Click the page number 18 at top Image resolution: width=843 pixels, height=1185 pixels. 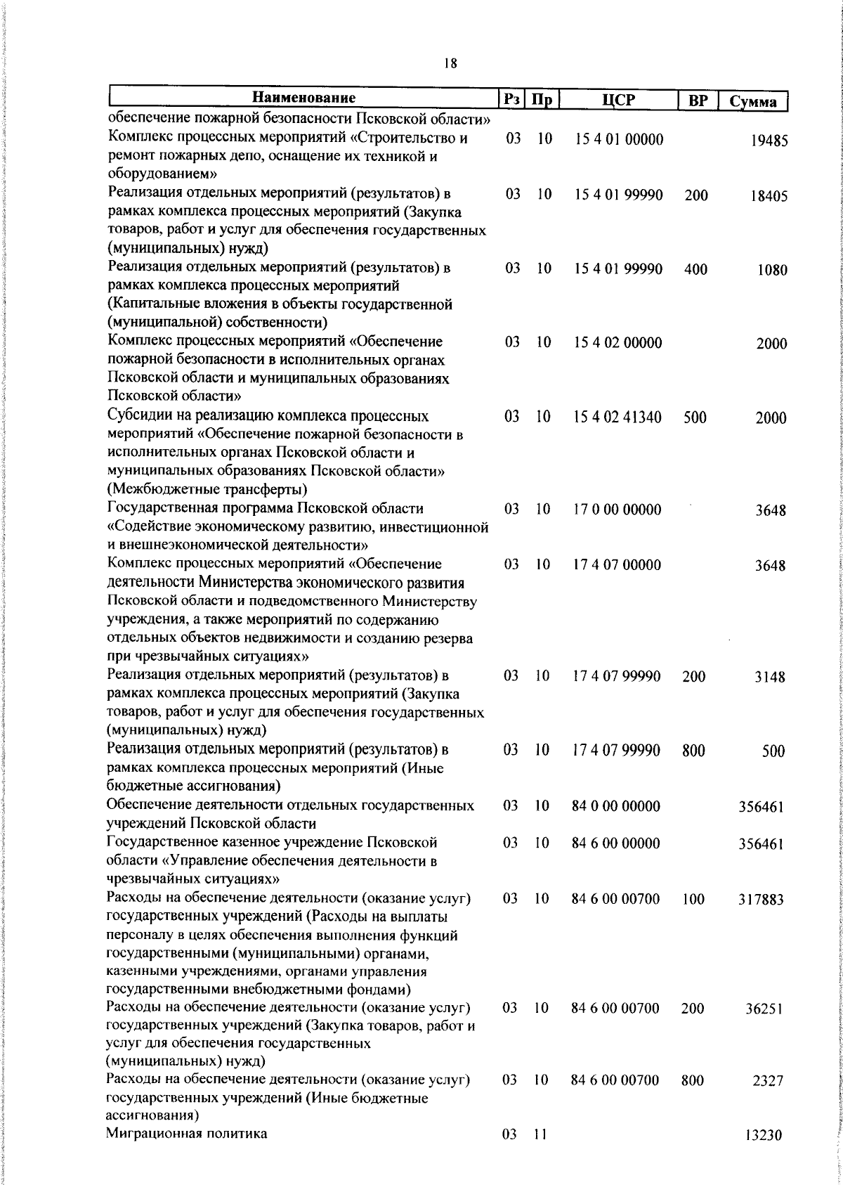tap(450, 64)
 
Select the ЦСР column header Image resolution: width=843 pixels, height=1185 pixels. tap(618, 100)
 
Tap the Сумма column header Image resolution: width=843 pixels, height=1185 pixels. tap(752, 101)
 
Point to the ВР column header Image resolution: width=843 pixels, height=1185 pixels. tap(697, 101)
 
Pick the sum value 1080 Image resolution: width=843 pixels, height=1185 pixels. tap(772, 270)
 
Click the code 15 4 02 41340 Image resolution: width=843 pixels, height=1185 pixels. tap(617, 417)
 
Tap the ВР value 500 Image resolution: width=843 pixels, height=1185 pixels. tap(695, 417)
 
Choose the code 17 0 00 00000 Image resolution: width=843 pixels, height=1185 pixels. tap(617, 510)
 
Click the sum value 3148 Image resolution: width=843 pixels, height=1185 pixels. tap(770, 678)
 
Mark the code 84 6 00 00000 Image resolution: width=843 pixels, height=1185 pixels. tap(616, 843)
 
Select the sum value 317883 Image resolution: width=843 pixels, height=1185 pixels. tap(761, 900)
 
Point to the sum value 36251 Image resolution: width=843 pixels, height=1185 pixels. tap(764, 1009)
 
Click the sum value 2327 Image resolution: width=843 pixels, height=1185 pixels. tap(768, 1082)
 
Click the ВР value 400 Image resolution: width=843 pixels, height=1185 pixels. tap(695, 269)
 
